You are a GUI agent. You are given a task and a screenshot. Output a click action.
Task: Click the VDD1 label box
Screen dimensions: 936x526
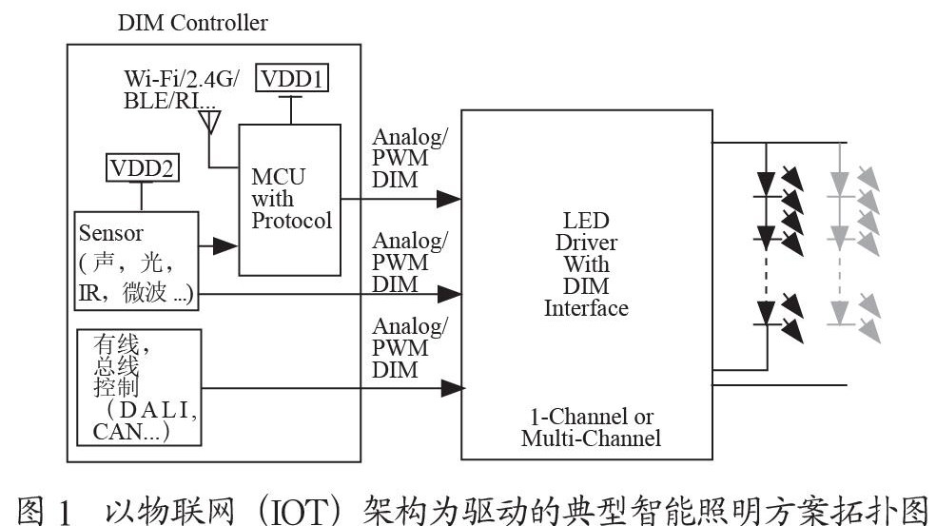292,78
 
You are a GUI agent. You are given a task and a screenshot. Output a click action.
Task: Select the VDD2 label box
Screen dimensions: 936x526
142,167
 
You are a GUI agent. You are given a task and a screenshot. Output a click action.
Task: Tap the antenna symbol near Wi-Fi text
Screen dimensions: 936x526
209,123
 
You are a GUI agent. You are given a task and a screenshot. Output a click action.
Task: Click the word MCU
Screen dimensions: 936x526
278,177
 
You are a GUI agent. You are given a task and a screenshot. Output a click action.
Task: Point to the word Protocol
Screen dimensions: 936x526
291,221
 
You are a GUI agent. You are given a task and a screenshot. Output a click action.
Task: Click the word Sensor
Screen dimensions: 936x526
111,233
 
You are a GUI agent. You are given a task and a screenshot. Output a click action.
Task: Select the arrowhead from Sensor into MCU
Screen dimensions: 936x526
225,245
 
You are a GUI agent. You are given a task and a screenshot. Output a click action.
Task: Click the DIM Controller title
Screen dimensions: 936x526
193,23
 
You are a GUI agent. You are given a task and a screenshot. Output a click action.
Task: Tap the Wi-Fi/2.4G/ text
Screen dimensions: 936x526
182,79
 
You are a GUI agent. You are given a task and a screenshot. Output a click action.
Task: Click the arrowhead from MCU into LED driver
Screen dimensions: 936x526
448,199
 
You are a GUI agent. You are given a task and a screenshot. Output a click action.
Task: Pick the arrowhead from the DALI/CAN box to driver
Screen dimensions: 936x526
453,388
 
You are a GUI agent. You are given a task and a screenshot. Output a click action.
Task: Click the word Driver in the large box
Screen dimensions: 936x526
586,243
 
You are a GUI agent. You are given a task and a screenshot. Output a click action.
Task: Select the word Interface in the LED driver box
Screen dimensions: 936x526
586,308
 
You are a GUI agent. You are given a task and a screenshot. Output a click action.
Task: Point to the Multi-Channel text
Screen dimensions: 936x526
591,438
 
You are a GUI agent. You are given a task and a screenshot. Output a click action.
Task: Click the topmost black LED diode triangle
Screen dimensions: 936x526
767,184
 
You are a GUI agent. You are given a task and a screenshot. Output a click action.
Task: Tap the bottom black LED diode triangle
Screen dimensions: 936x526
767,313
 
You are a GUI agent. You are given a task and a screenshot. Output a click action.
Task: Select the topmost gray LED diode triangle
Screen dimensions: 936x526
840,184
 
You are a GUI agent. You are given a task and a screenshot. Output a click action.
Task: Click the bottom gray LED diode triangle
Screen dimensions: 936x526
840,313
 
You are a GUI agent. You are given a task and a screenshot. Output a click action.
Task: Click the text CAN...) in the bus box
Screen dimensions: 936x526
130,431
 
